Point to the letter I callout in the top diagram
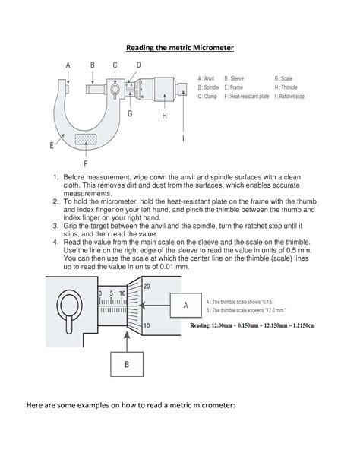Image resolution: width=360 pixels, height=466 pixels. pyautogui.click(x=182, y=139)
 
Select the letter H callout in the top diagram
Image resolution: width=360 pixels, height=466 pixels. pyautogui.click(x=163, y=116)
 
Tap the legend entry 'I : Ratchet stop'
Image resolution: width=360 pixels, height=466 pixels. pyautogui.click(x=297, y=97)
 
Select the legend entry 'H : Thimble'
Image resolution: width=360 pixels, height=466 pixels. pyautogui.click(x=289, y=87)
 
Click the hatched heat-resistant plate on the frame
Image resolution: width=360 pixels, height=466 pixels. pyautogui.click(x=84, y=141)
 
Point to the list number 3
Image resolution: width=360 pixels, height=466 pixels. pyautogui.click(x=55, y=226)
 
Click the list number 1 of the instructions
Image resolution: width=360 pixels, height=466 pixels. pyautogui.click(x=55, y=179)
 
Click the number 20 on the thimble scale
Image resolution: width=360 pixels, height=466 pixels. pyautogui.click(x=147, y=286)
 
